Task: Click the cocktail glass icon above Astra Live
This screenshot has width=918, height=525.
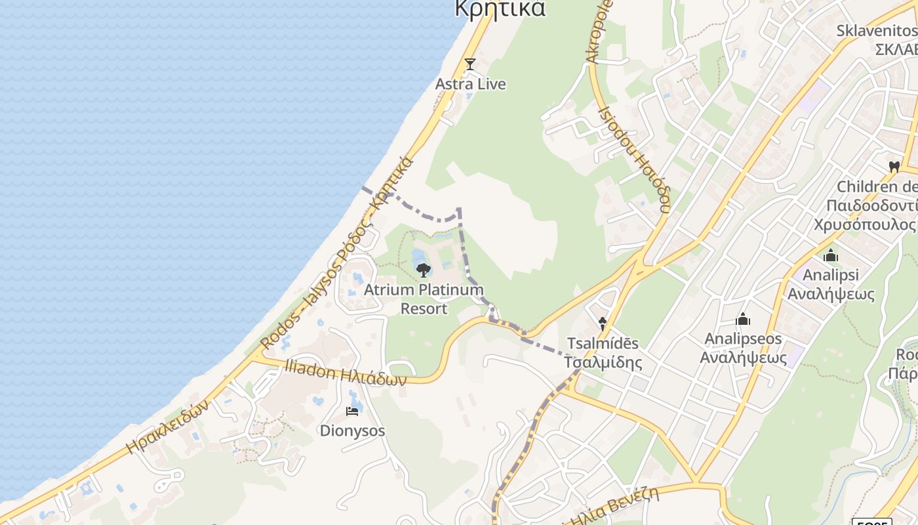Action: click(x=469, y=64)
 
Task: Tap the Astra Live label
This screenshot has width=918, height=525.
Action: click(x=471, y=84)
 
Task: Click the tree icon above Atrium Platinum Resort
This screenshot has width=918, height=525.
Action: click(x=424, y=270)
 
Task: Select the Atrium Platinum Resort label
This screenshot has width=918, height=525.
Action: click(x=424, y=299)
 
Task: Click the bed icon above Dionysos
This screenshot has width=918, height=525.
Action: click(x=352, y=411)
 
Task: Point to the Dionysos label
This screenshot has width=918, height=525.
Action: click(x=352, y=430)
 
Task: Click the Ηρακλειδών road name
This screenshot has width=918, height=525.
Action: click(x=168, y=427)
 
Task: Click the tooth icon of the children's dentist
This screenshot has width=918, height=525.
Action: click(x=894, y=167)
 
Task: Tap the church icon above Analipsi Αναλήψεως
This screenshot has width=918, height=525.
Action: click(x=831, y=255)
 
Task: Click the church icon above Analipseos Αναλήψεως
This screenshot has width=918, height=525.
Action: click(x=743, y=319)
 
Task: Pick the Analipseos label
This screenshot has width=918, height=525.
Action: click(x=743, y=339)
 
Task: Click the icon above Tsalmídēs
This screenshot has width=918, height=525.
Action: click(x=603, y=324)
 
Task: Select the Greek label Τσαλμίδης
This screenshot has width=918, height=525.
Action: click(x=603, y=362)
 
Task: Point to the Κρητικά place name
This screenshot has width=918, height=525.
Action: click(x=500, y=9)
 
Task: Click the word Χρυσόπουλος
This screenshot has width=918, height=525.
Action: click(x=864, y=224)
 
